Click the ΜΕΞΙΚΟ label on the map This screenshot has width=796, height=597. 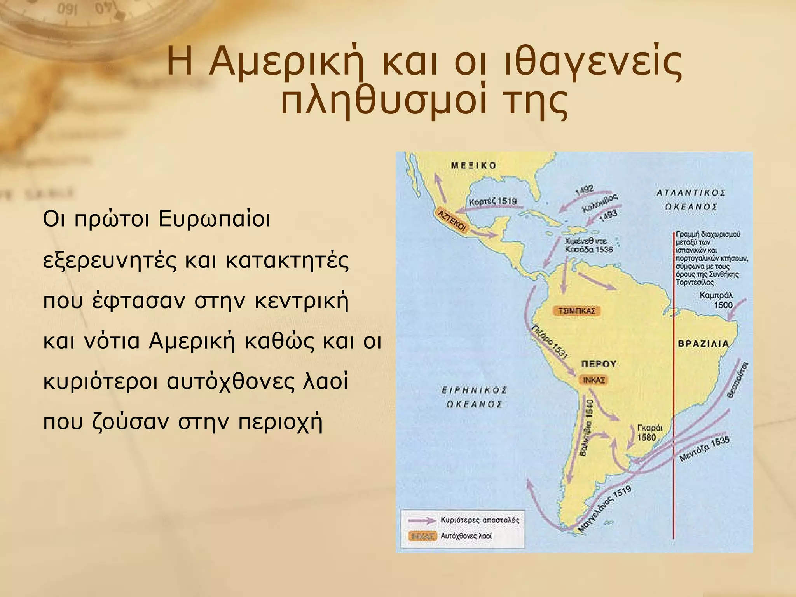[x=474, y=166]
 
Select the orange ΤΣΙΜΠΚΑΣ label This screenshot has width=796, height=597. [x=576, y=311]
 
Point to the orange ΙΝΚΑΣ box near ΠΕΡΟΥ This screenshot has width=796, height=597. [x=593, y=380]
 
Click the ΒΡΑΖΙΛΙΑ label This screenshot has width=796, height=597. [x=703, y=344]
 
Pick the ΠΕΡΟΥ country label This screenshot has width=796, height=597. [x=599, y=364]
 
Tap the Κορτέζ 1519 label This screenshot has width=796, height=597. [x=493, y=201]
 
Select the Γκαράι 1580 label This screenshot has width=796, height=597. [x=649, y=432]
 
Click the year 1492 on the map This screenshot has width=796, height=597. [x=584, y=189]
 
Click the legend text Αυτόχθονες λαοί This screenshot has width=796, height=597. [x=466, y=536]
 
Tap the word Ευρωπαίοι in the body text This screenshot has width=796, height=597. [x=215, y=219]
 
